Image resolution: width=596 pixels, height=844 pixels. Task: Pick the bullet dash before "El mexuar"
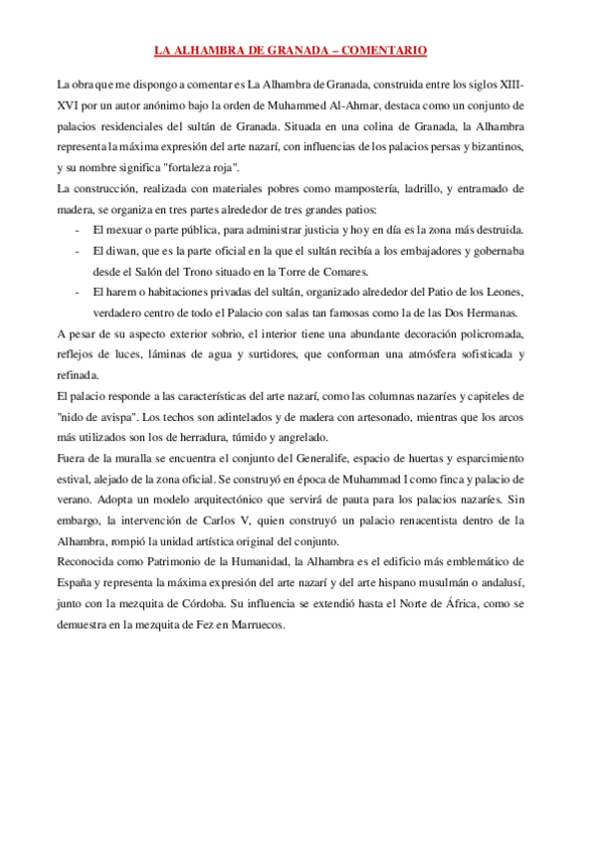point(78,230)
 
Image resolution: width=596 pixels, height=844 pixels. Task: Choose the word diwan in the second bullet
point(115,251)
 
